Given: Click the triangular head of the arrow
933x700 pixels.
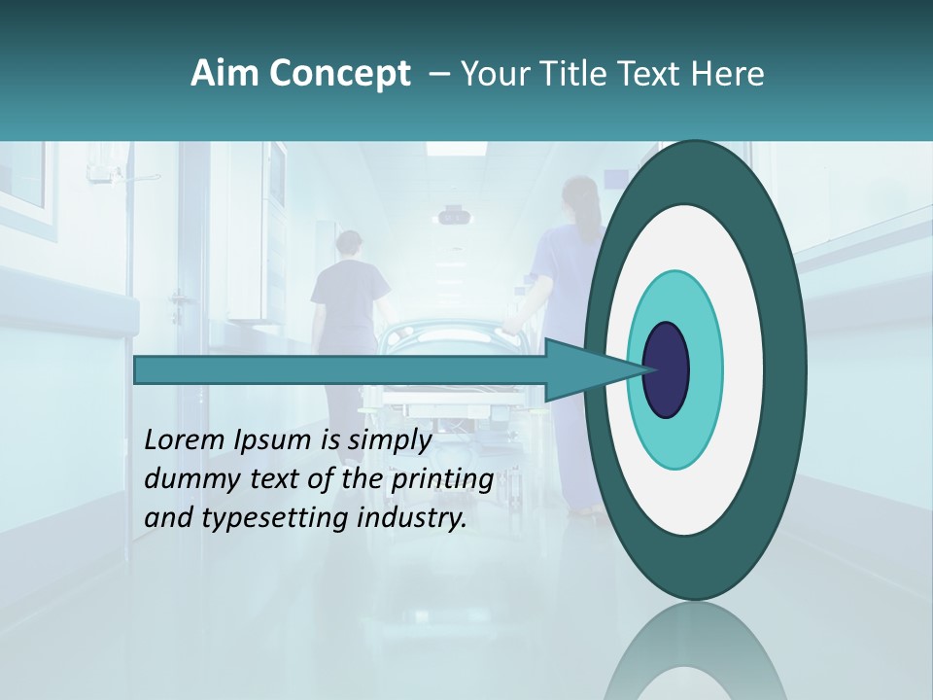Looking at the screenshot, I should [583, 370].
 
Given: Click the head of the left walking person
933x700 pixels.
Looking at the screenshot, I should [351, 244].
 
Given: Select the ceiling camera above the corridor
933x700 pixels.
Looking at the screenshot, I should [453, 215].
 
